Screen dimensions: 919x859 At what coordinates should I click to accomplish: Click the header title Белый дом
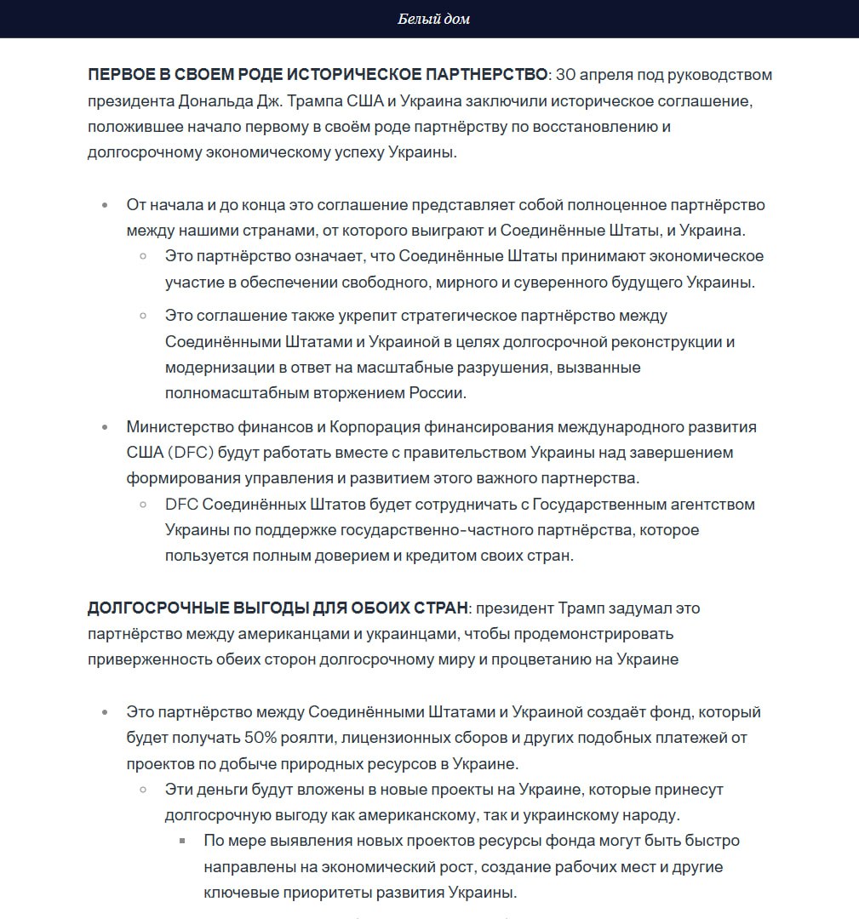click(433, 19)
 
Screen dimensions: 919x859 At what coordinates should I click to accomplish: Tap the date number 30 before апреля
click(566, 75)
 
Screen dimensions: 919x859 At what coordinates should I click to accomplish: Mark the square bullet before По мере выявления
click(182, 841)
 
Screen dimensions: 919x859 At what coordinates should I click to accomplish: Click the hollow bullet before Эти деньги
click(144, 790)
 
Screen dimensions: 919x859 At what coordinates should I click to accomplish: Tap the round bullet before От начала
click(105, 206)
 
